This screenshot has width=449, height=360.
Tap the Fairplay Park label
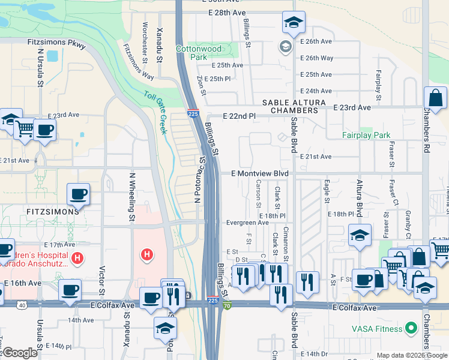click(366, 136)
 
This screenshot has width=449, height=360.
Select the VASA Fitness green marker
click(411, 328)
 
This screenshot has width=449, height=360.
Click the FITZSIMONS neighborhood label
click(52, 212)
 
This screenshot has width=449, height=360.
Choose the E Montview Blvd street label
click(261, 173)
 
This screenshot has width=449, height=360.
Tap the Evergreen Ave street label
click(247, 222)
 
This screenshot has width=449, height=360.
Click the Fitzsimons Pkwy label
click(56, 43)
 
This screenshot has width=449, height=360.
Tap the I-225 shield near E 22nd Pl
click(193, 113)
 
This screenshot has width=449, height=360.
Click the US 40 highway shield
click(22, 305)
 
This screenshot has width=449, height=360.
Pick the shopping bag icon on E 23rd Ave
click(435, 98)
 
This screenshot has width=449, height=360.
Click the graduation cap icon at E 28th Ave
click(294, 23)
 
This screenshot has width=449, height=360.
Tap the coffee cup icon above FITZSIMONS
click(78, 194)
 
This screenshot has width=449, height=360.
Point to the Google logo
click(20, 353)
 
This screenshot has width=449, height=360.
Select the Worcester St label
click(145, 37)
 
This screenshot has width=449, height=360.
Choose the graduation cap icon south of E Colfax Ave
click(165, 328)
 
